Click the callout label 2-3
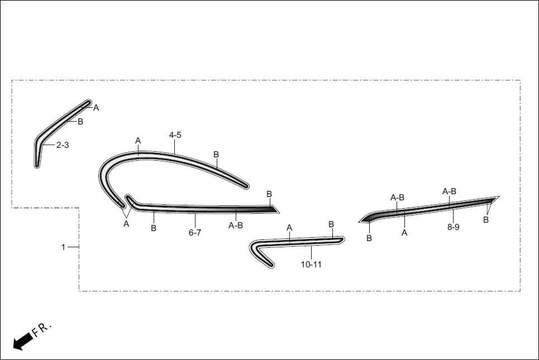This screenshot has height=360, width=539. (62, 145)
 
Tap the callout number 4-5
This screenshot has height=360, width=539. (175, 135)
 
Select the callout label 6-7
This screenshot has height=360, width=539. (194, 232)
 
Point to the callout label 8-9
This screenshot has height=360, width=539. (453, 227)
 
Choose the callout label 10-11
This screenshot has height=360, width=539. (311, 265)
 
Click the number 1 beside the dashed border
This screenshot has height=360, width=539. (63, 247)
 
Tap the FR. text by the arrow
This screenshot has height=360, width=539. (42, 329)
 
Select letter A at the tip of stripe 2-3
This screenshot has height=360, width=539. (96, 108)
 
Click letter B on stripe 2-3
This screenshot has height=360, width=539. (80, 122)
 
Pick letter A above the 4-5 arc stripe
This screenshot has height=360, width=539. (138, 141)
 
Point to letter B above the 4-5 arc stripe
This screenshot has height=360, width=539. (216, 154)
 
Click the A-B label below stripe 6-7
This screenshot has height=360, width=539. (236, 225)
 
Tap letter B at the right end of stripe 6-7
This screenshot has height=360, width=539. (269, 194)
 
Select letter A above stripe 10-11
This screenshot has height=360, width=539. (289, 228)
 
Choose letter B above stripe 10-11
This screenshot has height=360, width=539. (331, 224)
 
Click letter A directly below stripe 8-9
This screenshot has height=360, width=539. (404, 233)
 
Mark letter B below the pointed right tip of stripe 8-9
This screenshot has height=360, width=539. (485, 220)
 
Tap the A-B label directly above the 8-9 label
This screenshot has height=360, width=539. (449, 191)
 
